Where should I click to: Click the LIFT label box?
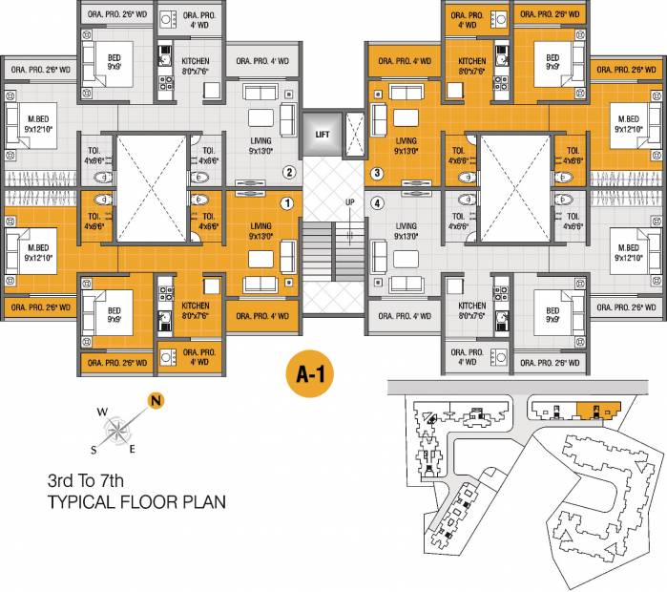click(x=322, y=135)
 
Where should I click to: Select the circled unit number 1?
click(x=284, y=202)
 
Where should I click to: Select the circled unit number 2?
click(x=288, y=173)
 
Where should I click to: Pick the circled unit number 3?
click(x=377, y=173)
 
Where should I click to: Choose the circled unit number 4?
click(x=377, y=202)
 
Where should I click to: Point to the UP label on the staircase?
click(x=350, y=202)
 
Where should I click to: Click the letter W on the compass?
click(x=102, y=413)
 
